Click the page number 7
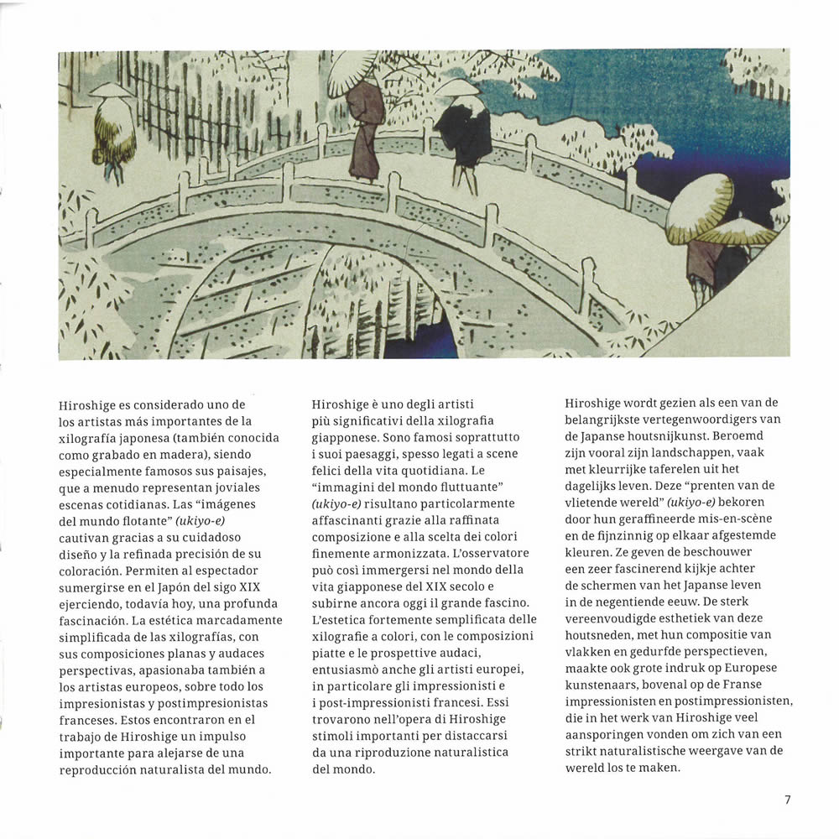point(787,800)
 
